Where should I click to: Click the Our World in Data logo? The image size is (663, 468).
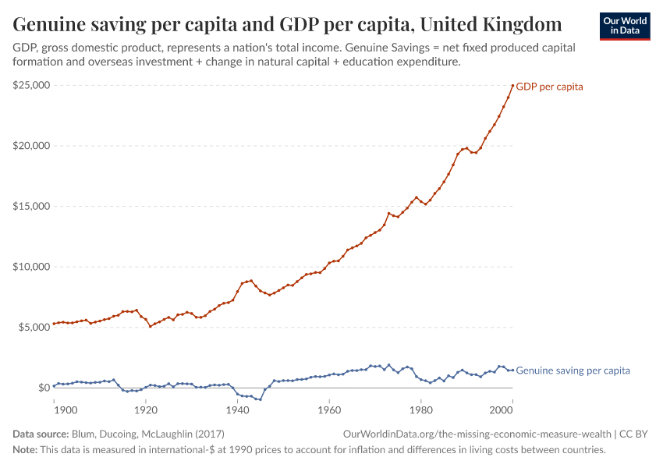[625, 26]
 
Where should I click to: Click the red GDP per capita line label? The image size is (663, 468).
[549, 87]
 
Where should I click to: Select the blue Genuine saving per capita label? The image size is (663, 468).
[573, 370]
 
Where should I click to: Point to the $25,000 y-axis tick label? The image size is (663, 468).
[31, 85]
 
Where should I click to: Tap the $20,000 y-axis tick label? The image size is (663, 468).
[31, 146]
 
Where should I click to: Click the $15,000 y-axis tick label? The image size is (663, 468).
[31, 206]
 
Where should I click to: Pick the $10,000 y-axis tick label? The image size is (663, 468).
[31, 267]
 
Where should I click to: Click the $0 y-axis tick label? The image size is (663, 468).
[42, 388]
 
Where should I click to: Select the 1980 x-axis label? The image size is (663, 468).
[421, 409]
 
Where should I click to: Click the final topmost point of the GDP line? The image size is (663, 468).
[512, 86]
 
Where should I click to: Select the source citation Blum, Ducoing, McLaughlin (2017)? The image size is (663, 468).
[147, 434]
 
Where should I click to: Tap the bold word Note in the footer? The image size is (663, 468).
[26, 450]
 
